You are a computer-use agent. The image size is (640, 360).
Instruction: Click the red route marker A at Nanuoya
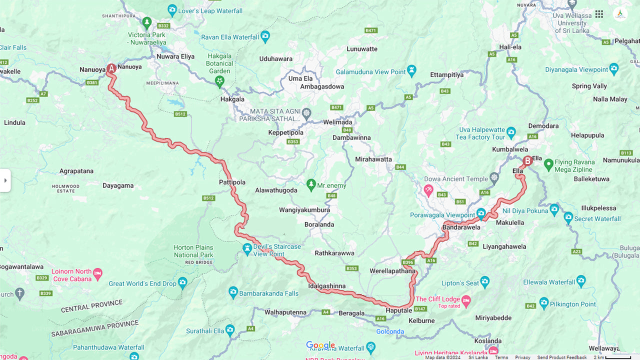[111, 69]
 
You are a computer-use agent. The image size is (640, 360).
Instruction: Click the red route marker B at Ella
[527, 161]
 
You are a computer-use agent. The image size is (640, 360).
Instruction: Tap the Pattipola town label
[232, 182]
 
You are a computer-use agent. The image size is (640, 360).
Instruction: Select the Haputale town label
[398, 310]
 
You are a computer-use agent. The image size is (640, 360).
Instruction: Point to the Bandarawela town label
[461, 227]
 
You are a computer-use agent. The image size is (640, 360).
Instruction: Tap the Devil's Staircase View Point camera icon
[247, 248]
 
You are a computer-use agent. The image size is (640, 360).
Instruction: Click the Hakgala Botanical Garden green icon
[219, 82]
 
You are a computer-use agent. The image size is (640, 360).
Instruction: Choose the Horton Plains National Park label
[193, 251]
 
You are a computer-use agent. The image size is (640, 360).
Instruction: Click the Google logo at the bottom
[320, 345]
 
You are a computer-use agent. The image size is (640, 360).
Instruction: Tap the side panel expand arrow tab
[5, 180]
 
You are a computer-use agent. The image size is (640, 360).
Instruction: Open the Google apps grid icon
[599, 14]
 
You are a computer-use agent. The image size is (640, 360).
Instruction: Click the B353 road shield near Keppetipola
[293, 142]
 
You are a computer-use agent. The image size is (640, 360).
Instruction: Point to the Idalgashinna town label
[327, 286]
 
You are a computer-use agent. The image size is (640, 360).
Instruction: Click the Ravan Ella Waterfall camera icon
[265, 36]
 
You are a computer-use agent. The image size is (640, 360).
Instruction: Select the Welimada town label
[337, 122]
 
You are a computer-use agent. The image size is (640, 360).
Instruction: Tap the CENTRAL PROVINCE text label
[91, 306]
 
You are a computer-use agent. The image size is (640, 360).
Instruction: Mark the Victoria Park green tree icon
[146, 22]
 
